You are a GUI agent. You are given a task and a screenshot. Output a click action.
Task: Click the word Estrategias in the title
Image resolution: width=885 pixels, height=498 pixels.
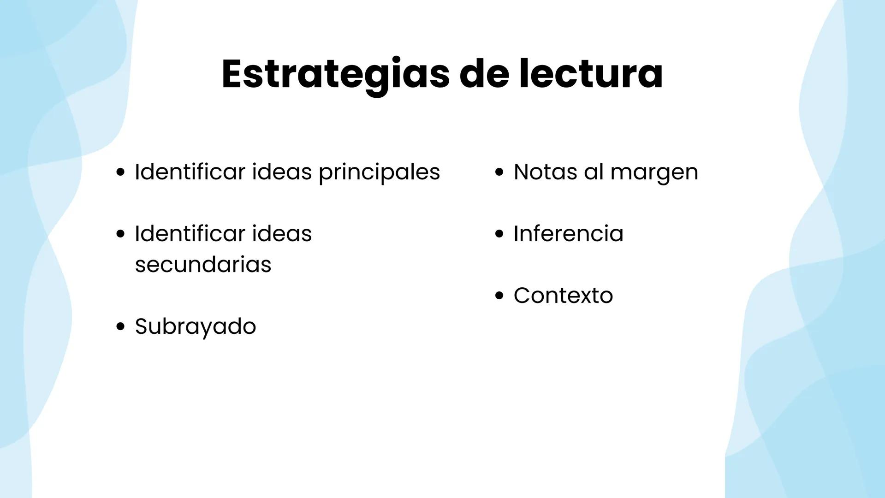[x=335, y=74]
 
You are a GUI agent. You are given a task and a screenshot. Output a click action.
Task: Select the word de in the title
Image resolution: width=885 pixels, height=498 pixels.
[x=484, y=74]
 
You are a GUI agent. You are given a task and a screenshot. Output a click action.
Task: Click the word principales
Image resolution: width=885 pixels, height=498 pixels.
[x=379, y=173]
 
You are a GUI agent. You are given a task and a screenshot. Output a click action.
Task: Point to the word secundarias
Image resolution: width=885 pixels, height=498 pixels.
[x=203, y=265]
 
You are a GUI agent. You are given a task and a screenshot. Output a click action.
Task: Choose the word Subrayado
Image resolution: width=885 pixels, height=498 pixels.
[x=195, y=326]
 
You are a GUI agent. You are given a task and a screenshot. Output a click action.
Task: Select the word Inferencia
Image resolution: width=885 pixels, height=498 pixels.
[x=568, y=233]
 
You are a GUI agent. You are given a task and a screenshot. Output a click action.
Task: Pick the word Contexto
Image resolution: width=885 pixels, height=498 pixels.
[x=563, y=296]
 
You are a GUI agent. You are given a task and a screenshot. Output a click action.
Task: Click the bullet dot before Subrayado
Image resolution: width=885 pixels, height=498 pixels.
[x=120, y=327]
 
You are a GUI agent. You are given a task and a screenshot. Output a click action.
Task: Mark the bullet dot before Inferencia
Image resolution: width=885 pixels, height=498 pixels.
[x=499, y=234]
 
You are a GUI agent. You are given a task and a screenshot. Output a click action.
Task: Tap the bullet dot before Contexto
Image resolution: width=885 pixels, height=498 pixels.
[x=499, y=296]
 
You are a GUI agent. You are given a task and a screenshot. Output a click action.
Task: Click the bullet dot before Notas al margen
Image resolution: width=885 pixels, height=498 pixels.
[x=499, y=172]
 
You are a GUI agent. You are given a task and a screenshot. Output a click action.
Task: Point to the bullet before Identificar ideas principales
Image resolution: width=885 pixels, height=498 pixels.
[x=120, y=172]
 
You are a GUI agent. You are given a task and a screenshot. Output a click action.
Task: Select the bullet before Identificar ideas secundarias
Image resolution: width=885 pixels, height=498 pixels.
[x=120, y=234]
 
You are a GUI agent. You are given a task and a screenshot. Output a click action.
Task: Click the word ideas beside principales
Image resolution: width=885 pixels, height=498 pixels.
[x=282, y=172]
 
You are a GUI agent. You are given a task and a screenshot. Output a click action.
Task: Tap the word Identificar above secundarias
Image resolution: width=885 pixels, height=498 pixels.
[x=190, y=233]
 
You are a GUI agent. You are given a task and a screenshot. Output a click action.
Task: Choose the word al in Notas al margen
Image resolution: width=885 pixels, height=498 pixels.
[x=594, y=172]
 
